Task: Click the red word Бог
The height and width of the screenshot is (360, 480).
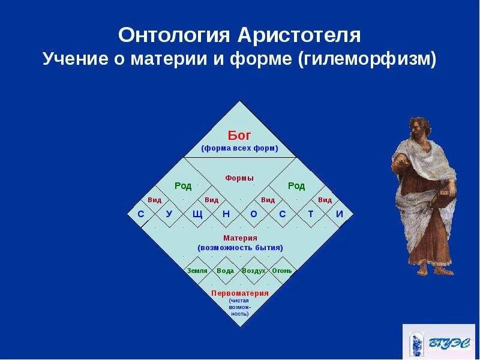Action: coord(239,136)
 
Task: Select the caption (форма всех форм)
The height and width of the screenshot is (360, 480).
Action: coord(239,148)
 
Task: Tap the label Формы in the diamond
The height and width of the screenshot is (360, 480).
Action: coord(239,178)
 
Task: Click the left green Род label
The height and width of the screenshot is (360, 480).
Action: coord(183,186)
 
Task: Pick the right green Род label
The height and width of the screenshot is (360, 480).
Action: coord(296,186)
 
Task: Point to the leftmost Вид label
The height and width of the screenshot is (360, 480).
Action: coord(155,200)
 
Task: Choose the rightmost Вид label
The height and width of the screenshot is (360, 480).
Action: coord(325,200)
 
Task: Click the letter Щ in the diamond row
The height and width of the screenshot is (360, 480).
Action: coord(197,214)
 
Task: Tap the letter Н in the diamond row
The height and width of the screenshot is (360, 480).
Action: coord(226,214)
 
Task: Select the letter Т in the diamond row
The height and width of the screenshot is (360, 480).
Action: coord(311,214)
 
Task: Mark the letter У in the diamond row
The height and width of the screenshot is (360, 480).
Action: coord(169,214)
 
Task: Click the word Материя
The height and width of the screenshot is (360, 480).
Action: coord(240,238)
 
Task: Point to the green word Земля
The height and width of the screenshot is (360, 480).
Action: coord(197,271)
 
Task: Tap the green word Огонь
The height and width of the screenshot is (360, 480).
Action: coord(282,271)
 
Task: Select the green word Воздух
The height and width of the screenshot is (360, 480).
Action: coord(253,271)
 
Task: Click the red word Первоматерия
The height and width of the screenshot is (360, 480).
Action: coord(240,293)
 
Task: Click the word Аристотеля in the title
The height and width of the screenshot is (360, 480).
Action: coord(299,35)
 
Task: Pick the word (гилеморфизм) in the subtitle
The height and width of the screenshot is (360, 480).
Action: coord(367,58)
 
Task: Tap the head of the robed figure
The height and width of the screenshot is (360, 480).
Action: coord(420,128)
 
